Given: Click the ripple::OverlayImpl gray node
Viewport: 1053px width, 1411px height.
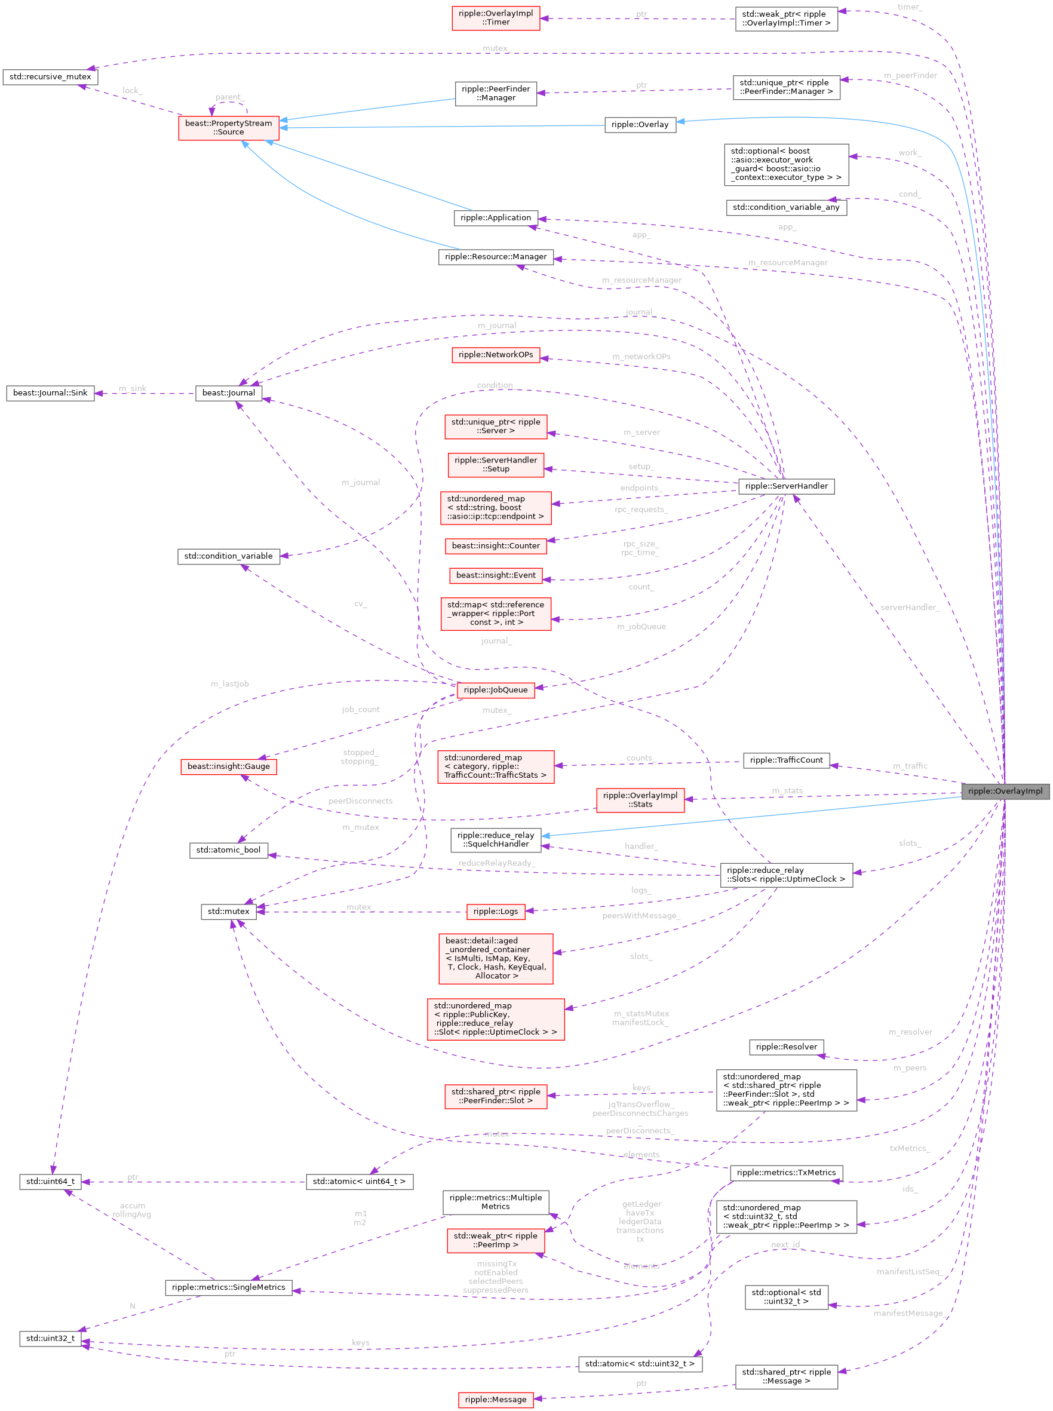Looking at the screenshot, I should point(1005,792).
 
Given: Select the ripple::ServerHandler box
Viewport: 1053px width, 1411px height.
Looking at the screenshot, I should point(786,486).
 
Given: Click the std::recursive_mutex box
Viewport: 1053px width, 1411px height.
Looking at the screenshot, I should point(50,76).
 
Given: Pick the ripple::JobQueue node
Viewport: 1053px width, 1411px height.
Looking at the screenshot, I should point(495,690).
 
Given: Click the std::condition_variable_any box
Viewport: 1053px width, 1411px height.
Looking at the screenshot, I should point(786,207).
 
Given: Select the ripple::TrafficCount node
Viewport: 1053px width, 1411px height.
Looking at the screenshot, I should point(786,760).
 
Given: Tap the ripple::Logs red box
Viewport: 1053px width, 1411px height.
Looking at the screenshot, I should point(495,911).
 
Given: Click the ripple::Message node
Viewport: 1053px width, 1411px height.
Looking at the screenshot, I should point(495,1399).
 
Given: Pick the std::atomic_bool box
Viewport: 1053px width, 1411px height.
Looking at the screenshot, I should point(228,850).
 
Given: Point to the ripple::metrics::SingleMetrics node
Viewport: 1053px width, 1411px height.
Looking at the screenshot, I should point(228,1287).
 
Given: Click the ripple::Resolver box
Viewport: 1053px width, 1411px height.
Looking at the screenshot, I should point(786,1047).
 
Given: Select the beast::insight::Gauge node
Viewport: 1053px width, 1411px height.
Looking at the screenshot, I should point(228,766).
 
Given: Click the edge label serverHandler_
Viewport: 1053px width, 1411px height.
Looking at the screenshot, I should point(909,608).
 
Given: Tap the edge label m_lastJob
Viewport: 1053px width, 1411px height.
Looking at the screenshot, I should point(229,684).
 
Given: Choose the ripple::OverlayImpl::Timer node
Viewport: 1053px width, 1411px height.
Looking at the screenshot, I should point(495,18).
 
